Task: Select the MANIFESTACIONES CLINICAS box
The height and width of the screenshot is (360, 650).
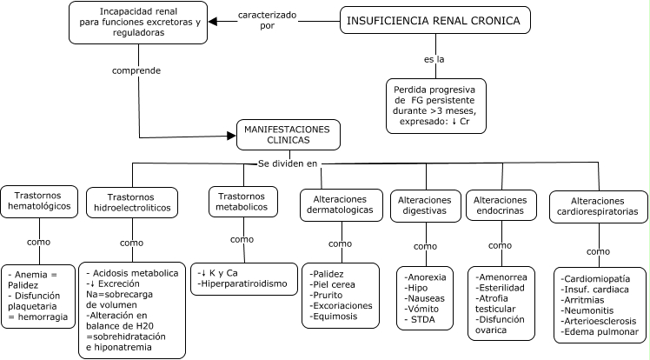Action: pyautogui.click(x=289, y=134)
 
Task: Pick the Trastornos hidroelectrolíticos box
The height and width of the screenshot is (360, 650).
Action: pyautogui.click(x=130, y=203)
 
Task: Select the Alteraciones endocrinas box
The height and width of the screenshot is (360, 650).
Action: pyautogui.click(x=496, y=205)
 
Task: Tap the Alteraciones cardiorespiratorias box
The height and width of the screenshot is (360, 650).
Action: pyautogui.click(x=597, y=205)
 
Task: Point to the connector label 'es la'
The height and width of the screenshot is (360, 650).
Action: pyautogui.click(x=424, y=58)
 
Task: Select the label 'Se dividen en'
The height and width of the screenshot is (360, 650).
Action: pyautogui.click(x=289, y=163)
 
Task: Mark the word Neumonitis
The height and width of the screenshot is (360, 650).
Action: pyautogui.click(x=596, y=310)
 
